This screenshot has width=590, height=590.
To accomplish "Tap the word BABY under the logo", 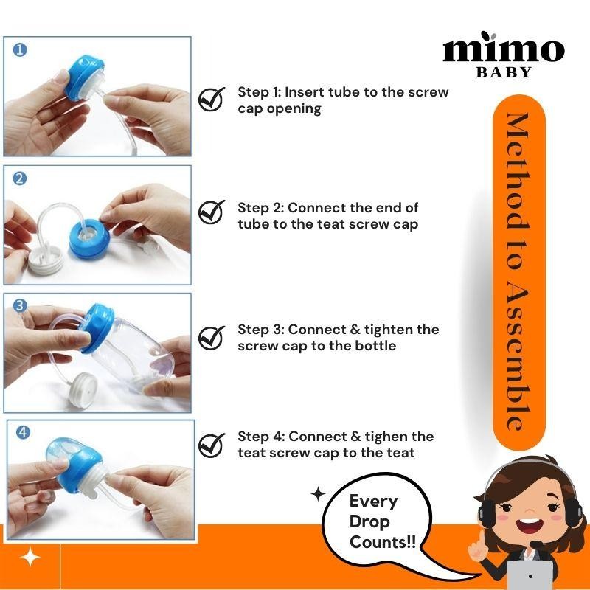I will [504, 72].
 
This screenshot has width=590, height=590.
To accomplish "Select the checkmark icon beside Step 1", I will [212, 99].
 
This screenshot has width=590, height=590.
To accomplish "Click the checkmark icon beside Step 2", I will [212, 212].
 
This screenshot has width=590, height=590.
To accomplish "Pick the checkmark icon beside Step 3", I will [212, 337].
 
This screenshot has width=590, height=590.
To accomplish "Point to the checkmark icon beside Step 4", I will [212, 445].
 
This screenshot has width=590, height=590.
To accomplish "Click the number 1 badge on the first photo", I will [20, 50].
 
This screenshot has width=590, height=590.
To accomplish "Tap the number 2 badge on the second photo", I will [20, 178].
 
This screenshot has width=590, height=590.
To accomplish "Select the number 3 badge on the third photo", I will [21, 305].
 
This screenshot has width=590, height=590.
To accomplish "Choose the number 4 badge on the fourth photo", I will [24, 433].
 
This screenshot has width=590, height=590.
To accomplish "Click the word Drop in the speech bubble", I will [370, 522].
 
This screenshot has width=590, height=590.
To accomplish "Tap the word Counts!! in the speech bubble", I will [382, 542].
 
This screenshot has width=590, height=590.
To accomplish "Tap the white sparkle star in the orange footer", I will [30, 558].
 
